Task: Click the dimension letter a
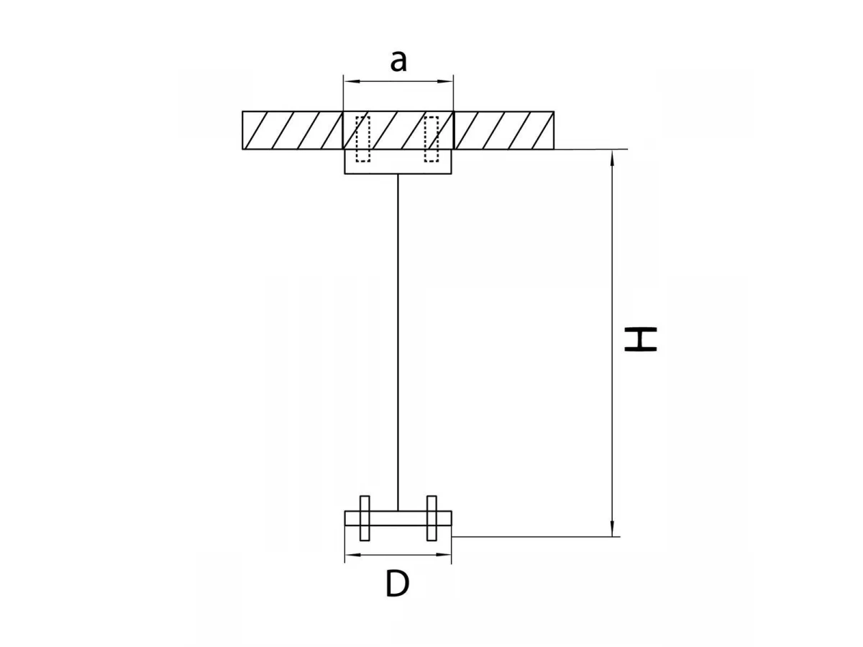click(x=398, y=62)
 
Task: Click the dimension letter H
click(x=641, y=339)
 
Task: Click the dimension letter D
click(x=397, y=584)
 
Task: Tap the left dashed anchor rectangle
click(x=362, y=139)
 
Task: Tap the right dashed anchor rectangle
click(x=431, y=139)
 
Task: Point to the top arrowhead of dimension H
click(x=612, y=158)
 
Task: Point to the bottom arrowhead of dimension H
click(x=612, y=528)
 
